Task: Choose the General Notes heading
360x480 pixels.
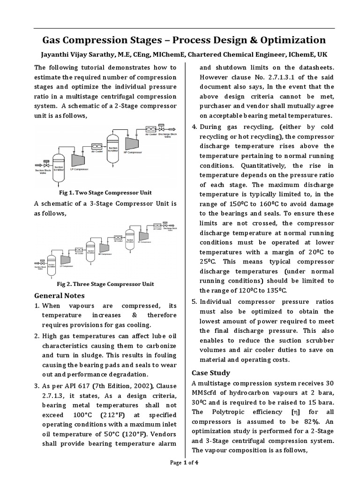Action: [60, 295]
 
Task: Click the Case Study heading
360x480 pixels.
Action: [211, 373]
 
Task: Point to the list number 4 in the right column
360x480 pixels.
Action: [195, 127]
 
